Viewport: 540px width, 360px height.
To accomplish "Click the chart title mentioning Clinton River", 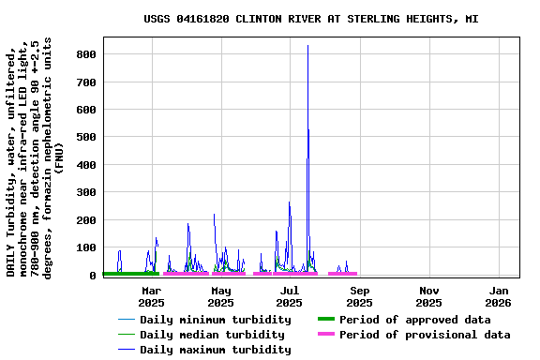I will tap(310, 19).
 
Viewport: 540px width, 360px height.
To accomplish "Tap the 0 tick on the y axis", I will tap(94, 276).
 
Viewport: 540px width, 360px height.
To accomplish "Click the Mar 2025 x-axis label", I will tap(151, 296).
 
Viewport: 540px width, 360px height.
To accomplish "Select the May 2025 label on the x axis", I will tap(220, 296).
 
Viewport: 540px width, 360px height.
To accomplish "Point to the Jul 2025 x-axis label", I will tap(290, 296).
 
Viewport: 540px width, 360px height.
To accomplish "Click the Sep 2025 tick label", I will tap(359, 296).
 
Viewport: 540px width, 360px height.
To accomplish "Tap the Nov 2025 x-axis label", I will tap(428, 296).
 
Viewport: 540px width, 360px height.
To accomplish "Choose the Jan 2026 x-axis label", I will tap(498, 296).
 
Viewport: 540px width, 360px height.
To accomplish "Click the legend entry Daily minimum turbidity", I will tap(215, 320).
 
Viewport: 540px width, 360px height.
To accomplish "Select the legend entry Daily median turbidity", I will tap(211, 335).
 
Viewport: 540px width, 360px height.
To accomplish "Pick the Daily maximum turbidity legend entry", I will tap(215, 350).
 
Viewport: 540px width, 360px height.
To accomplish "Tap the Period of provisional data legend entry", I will tap(424, 335).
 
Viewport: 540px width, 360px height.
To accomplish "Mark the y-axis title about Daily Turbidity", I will tap(35, 157).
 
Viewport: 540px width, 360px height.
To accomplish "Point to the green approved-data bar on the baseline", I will tap(130, 274).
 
